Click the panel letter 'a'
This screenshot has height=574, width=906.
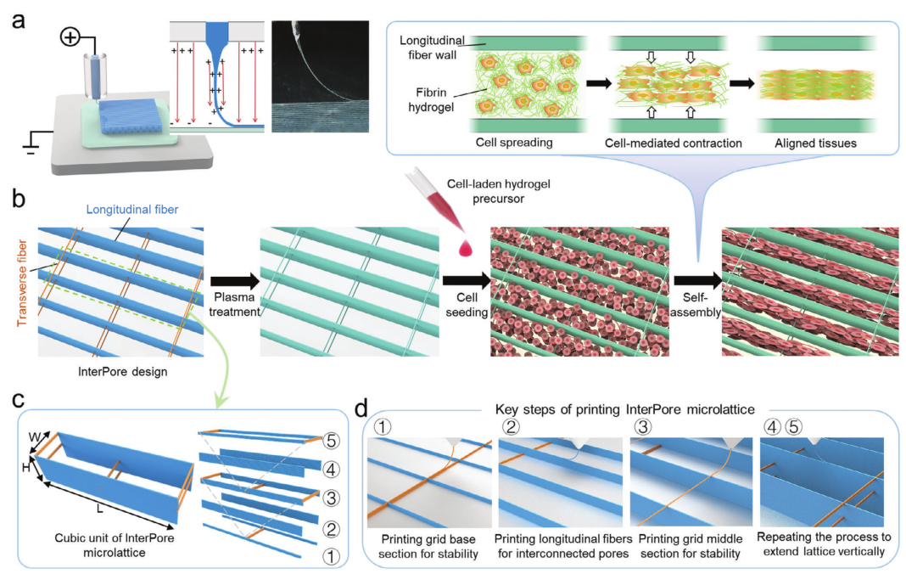point(19,21)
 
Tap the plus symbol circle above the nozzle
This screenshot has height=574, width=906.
point(70,38)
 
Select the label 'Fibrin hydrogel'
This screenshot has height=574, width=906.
point(431,99)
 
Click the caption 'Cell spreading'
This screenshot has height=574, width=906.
point(514,143)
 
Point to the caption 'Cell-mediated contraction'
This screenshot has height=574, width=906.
point(674,143)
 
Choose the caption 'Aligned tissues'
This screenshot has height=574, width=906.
point(816,143)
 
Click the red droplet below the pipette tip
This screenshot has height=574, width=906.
point(466,248)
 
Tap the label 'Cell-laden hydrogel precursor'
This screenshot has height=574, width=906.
point(498,191)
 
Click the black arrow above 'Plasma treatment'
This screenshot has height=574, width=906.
point(235,282)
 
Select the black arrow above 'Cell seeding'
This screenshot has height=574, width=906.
point(467,281)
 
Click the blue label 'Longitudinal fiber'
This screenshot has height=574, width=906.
point(132,210)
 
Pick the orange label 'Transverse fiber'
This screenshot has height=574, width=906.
point(22,283)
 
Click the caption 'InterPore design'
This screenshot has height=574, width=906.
point(122,371)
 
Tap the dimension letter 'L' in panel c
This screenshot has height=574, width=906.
point(100,509)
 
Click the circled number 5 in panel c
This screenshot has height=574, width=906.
point(331,441)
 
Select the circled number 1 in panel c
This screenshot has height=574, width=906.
point(331,557)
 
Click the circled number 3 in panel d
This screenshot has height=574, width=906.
point(642,427)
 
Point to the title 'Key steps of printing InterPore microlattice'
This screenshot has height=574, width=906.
point(624,409)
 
